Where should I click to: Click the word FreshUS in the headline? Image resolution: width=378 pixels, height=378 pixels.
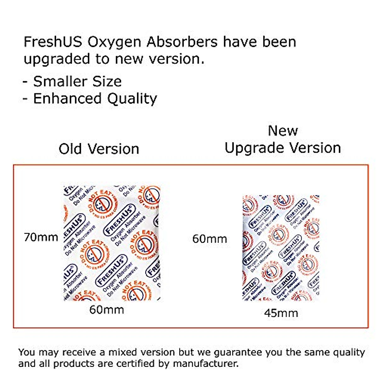pyautogui.click(x=53, y=42)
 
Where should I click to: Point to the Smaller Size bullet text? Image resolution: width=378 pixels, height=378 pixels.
pyautogui.click(x=77, y=82)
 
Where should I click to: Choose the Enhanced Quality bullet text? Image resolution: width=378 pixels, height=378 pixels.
pyautogui.click(x=95, y=99)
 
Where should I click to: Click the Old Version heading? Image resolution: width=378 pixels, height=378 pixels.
pyautogui.click(x=99, y=149)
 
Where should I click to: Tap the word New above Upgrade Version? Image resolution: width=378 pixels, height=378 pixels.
pyautogui.click(x=283, y=131)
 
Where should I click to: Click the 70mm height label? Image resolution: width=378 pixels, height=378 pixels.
pyautogui.click(x=41, y=237)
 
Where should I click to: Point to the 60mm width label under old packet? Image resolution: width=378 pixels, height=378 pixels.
pyautogui.click(x=106, y=310)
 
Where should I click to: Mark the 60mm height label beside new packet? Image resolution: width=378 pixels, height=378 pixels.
pyautogui.click(x=209, y=239)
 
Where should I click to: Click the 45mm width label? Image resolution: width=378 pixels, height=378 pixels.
pyautogui.click(x=281, y=313)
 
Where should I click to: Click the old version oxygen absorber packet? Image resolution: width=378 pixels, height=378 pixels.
pyautogui.click(x=112, y=243)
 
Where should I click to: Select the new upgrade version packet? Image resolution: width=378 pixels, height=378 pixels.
pyautogui.click(x=281, y=247)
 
